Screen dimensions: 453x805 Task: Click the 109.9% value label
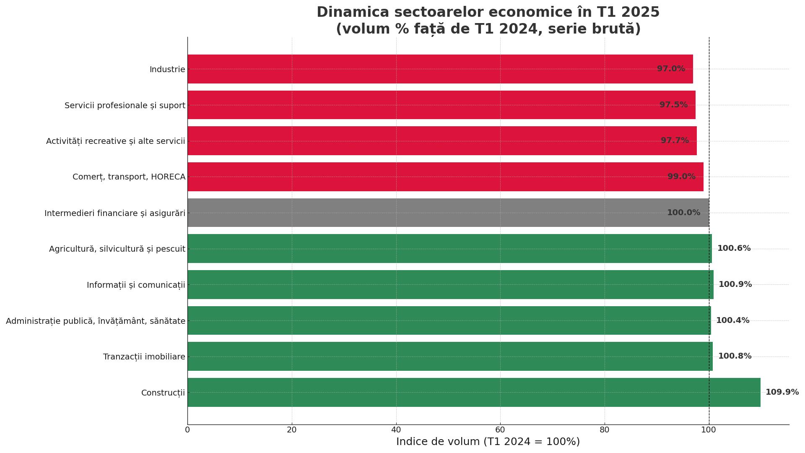coord(782,392)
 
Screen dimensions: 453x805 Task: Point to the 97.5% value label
coord(673,105)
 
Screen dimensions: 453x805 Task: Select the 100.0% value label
coord(683,213)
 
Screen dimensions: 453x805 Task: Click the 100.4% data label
coord(732,320)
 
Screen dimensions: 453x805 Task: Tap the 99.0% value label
coord(681,177)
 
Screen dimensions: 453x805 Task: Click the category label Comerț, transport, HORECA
coord(129,177)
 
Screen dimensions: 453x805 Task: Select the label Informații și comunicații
coord(136,285)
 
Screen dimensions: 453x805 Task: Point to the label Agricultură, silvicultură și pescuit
coord(117,249)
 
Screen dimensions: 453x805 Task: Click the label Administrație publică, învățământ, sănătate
coord(96,321)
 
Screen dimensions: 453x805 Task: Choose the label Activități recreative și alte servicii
coord(115,141)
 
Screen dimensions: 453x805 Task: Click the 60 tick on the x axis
coord(500,430)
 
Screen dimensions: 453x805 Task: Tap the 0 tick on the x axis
coord(187,430)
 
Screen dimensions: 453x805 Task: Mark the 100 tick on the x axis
coord(709,430)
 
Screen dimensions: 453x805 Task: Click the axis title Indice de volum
coord(488,442)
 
